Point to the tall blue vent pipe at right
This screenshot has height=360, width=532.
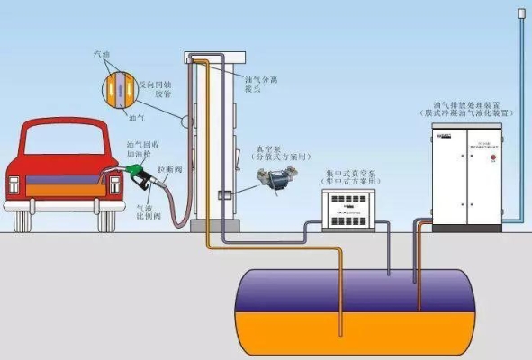tap(522, 90)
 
